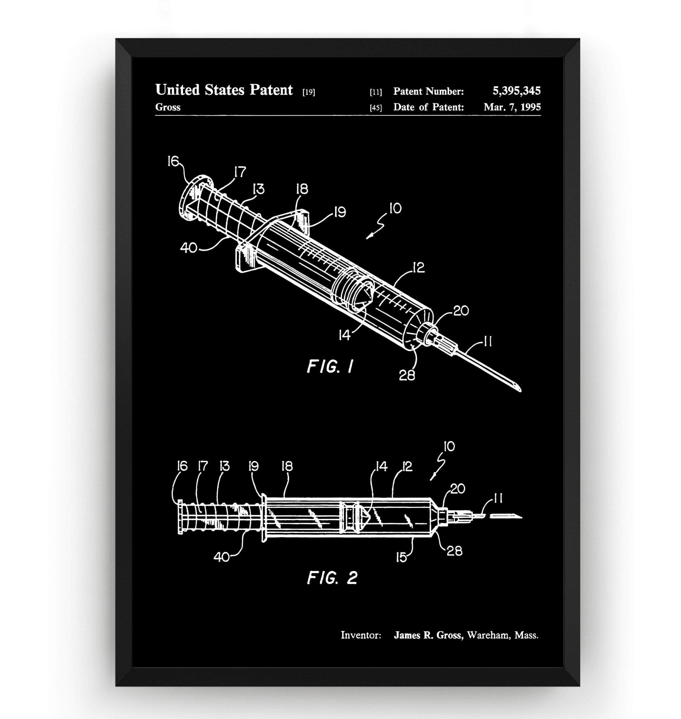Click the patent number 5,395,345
click(516, 91)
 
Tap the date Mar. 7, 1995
click(512, 107)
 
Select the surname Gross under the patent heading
click(168, 107)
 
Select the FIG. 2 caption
click(332, 578)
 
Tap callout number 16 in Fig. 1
click(173, 161)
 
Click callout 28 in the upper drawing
click(407, 375)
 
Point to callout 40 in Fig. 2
click(221, 557)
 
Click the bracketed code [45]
click(376, 108)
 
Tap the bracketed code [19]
click(308, 92)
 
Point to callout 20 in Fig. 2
click(458, 489)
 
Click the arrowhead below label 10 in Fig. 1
click(368, 237)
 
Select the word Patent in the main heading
click(271, 90)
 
